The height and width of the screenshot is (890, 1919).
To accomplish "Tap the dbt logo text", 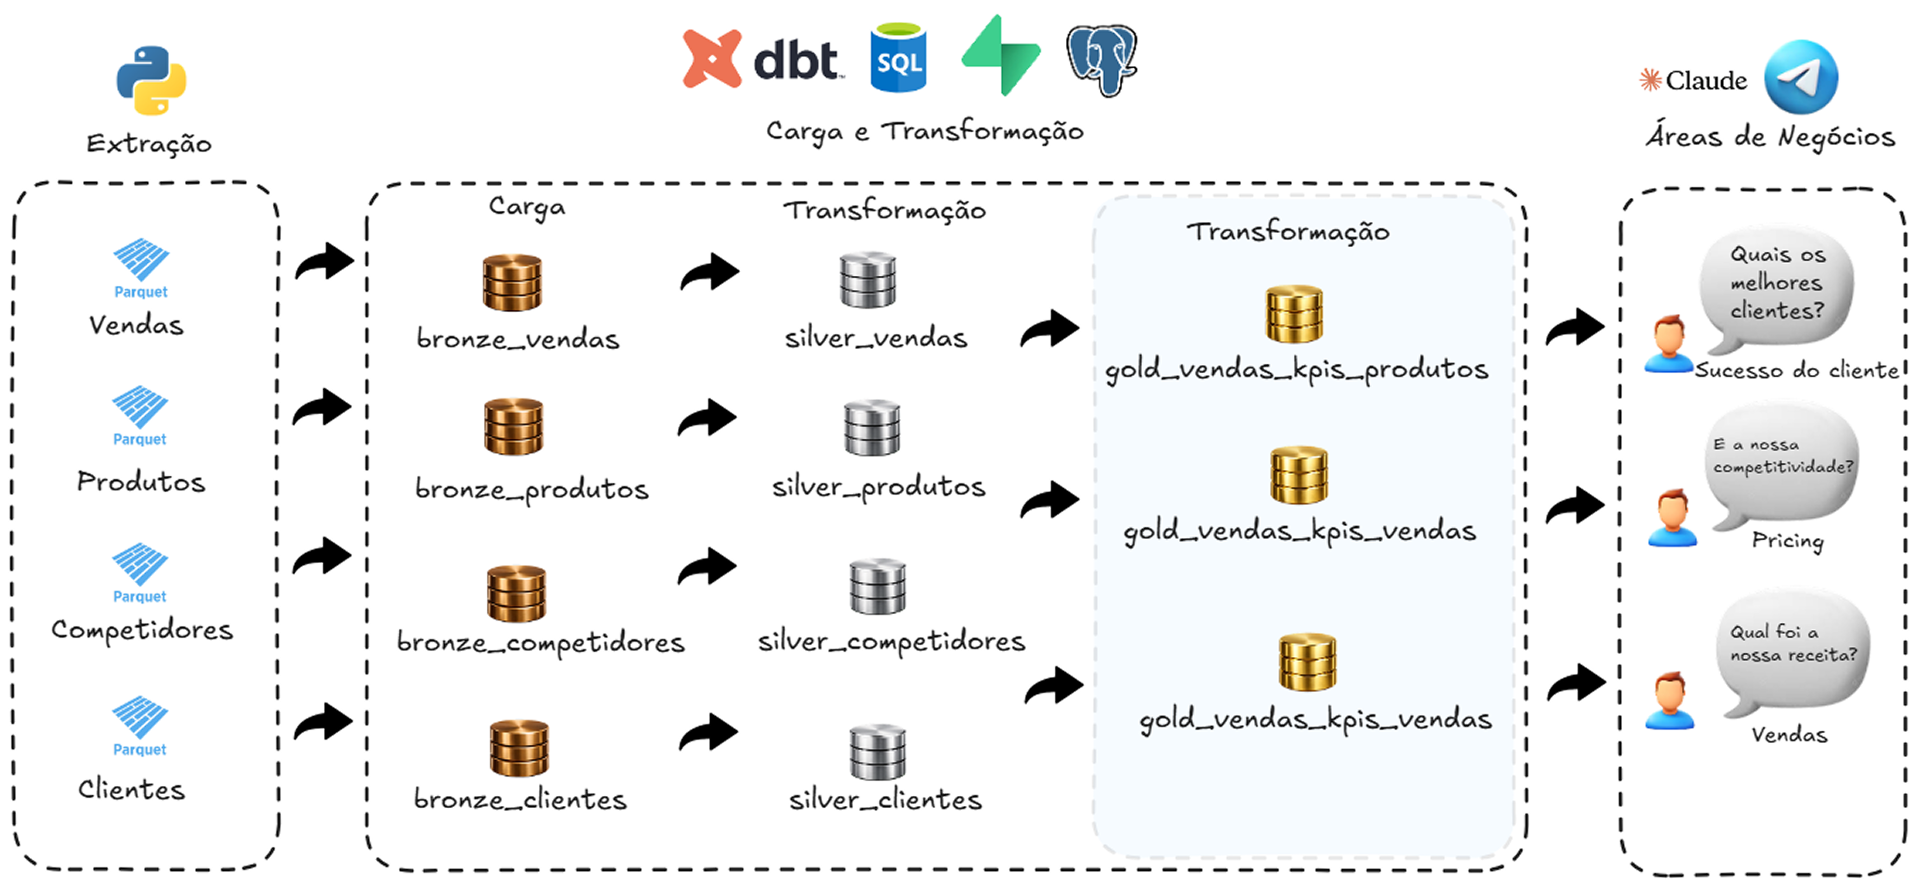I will [795, 61].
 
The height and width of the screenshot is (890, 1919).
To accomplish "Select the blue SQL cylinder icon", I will [898, 58].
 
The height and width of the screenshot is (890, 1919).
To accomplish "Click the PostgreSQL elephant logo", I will [1101, 59].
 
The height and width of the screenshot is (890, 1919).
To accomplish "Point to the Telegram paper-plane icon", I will [1801, 77].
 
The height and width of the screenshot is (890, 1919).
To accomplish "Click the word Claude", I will [1706, 81].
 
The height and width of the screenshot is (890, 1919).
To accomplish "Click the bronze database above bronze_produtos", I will [514, 427].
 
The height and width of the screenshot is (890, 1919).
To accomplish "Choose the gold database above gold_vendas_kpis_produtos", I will [1294, 314].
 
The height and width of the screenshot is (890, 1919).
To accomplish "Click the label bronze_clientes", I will [520, 800].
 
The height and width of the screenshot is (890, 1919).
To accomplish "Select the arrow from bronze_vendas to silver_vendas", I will [709, 272].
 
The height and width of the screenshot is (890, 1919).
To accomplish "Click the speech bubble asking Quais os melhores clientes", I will [1777, 287].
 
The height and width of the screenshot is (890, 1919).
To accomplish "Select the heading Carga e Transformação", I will [924, 132].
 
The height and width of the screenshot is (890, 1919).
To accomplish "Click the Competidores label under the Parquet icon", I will [142, 631].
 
